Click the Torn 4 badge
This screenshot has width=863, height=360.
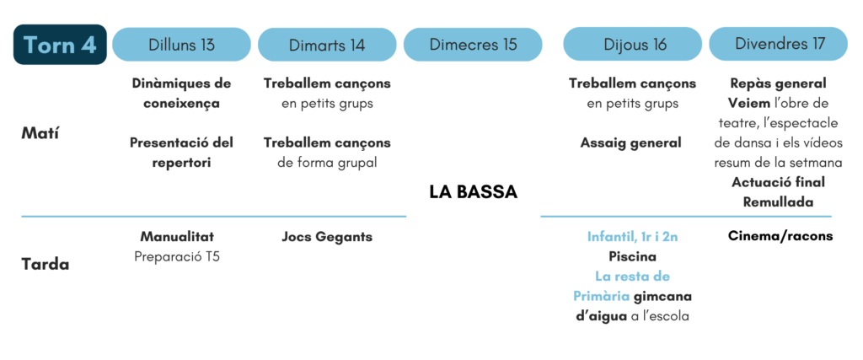tap(60, 45)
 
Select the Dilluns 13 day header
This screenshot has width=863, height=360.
tap(182, 44)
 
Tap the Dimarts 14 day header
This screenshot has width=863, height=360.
tap(327, 44)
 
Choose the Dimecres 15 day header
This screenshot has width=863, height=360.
tap(473, 44)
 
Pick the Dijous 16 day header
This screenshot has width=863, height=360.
tap(632, 44)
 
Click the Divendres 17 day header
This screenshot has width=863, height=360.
tap(778, 44)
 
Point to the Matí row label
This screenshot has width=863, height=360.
tap(40, 133)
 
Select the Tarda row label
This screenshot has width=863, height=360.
tap(46, 264)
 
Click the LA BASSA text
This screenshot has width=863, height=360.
tap(474, 193)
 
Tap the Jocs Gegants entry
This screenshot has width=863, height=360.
tap(327, 237)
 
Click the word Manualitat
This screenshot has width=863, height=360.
tap(177, 237)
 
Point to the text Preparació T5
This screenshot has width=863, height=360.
tap(177, 257)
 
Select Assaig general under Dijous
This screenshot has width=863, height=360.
tap(630, 143)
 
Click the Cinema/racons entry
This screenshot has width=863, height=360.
tap(780, 236)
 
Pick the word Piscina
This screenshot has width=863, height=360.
tap(632, 257)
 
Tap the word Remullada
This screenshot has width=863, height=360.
tap(778, 202)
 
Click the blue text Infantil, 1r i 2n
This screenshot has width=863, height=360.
tap(632, 237)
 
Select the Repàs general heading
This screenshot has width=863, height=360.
tap(778, 83)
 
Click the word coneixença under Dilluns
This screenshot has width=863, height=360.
tap(182, 104)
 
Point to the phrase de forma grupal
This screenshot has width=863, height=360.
tap(327, 163)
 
